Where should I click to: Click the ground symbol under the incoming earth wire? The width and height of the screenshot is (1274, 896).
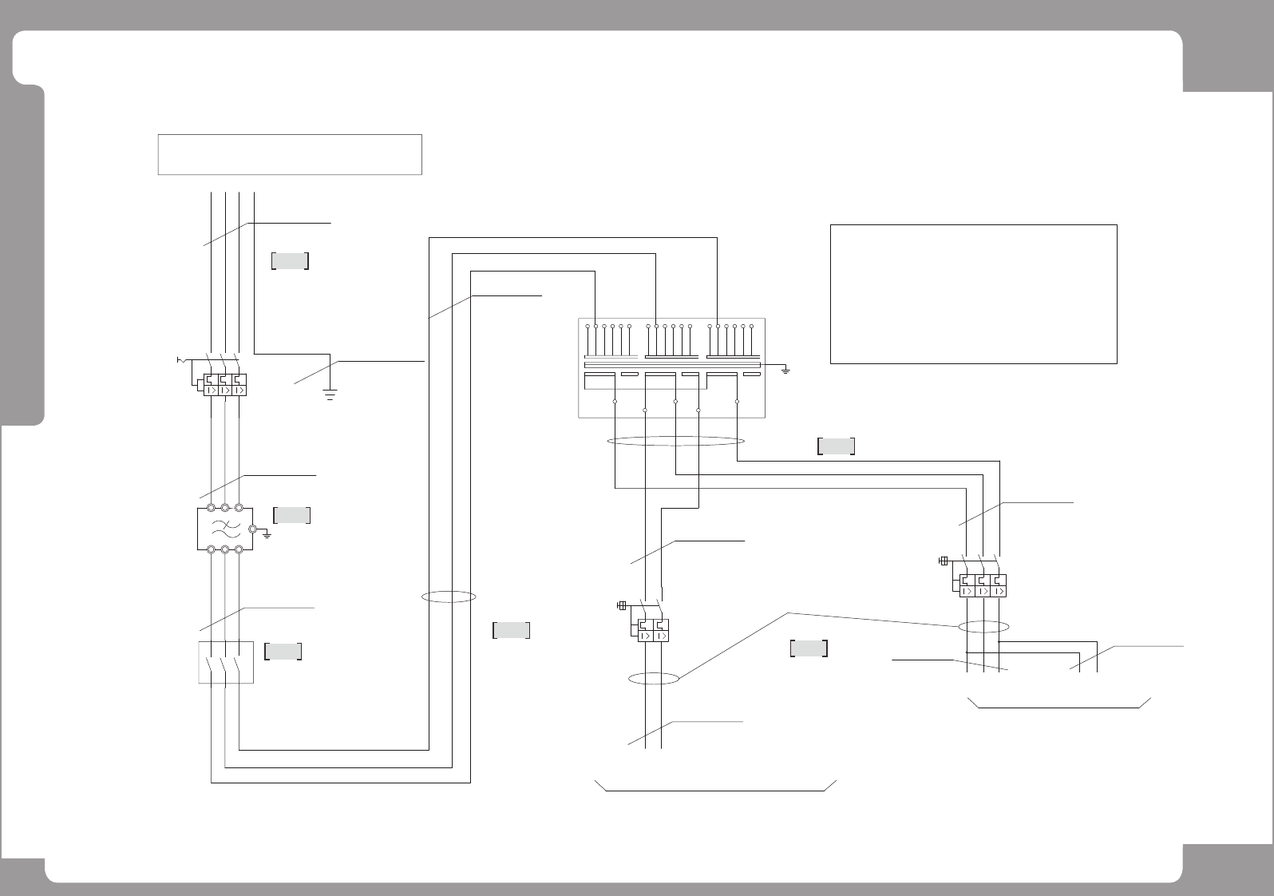click(x=330, y=393)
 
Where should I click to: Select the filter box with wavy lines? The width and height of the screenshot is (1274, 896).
click(x=224, y=528)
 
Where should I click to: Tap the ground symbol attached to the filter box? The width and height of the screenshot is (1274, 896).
click(x=267, y=533)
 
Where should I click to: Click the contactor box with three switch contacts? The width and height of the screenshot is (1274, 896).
click(x=225, y=662)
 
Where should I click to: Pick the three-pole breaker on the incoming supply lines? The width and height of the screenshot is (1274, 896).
click(x=224, y=384)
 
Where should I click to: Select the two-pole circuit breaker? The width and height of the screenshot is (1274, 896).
click(x=651, y=629)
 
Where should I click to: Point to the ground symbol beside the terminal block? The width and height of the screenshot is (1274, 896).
click(x=785, y=371)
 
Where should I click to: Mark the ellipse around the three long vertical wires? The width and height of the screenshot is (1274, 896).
click(x=449, y=597)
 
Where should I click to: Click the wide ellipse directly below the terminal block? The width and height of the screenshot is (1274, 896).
click(x=676, y=441)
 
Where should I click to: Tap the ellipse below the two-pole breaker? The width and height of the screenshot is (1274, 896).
click(x=653, y=679)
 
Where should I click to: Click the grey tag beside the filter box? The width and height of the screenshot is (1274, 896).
click(x=291, y=515)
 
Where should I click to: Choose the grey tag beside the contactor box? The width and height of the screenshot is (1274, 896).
click(x=283, y=652)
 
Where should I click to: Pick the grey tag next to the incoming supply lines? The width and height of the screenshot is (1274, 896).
click(x=290, y=261)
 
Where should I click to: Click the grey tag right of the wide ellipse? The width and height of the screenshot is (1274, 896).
click(x=836, y=446)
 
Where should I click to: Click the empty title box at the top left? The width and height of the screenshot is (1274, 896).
click(x=290, y=154)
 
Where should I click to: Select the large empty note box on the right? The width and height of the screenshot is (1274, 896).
click(x=973, y=294)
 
